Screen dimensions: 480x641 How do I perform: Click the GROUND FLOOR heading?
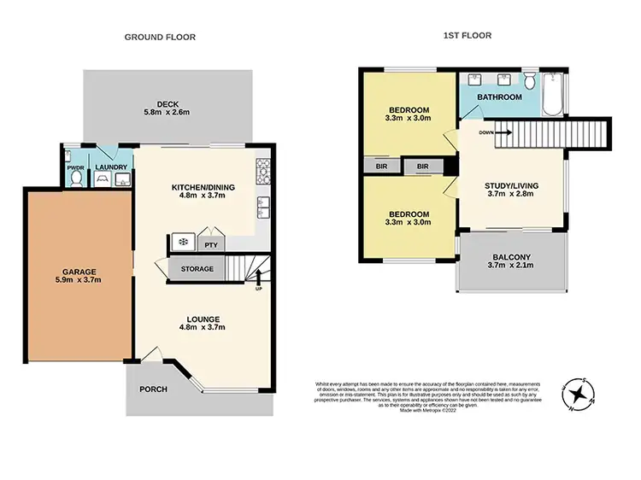[160, 37]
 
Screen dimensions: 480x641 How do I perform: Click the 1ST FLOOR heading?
[468, 37]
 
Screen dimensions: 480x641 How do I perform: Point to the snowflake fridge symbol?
[182, 243]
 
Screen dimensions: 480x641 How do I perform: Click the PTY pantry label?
[210, 244]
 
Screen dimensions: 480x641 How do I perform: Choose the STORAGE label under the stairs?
[197, 269]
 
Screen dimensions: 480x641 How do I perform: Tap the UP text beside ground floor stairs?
[259, 288]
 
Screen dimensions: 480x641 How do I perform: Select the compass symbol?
[579, 394]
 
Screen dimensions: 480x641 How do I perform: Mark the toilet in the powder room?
[74, 179]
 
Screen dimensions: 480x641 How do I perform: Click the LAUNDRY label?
[111, 167]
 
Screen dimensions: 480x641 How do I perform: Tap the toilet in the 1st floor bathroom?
[529, 83]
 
